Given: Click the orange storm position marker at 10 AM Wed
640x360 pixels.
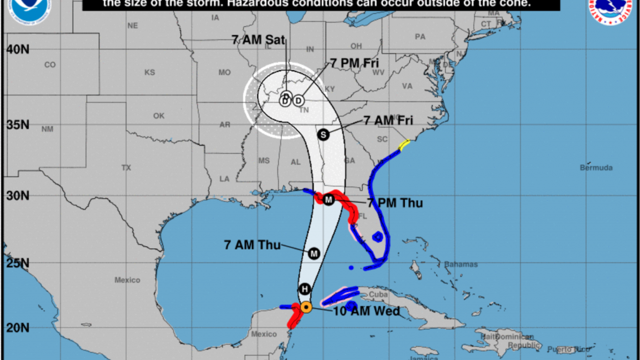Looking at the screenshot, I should [x=306, y=307].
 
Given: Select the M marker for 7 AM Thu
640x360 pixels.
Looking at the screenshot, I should [x=314, y=253].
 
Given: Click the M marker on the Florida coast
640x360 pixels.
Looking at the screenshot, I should [x=329, y=200].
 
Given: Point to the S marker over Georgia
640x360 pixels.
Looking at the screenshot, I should [x=323, y=134].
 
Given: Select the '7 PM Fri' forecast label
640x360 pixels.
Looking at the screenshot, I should [x=354, y=62].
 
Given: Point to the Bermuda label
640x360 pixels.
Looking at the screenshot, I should [x=596, y=167].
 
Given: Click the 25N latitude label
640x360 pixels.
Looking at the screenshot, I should [x=17, y=263].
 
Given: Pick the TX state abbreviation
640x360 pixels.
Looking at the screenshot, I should [x=126, y=167].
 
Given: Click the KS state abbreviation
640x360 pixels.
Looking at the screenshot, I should [x=149, y=72].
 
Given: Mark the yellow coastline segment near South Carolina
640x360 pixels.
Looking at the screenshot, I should [x=404, y=145].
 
